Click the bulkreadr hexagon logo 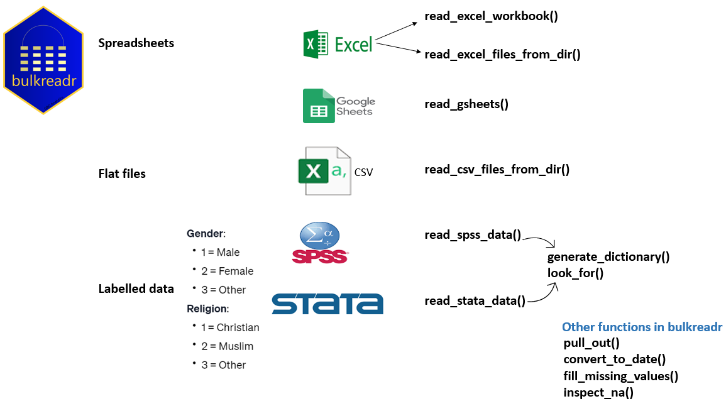pyautogui.click(x=43, y=60)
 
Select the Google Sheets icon pyautogui.click(x=339, y=106)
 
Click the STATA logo pyautogui.click(x=327, y=304)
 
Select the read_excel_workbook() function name pyautogui.click(x=491, y=16)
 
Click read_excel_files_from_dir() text pyautogui.click(x=502, y=54)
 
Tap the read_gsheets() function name pyautogui.click(x=466, y=104)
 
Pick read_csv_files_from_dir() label pyautogui.click(x=497, y=169)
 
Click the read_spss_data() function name pyautogui.click(x=473, y=235)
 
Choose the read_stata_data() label pyautogui.click(x=475, y=301)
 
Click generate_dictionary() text pyautogui.click(x=608, y=257)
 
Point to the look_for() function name pyautogui.click(x=575, y=273)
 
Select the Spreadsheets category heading pyautogui.click(x=136, y=43)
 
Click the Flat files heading pyautogui.click(x=122, y=173)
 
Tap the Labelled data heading pyautogui.click(x=136, y=289)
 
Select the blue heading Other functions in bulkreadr pyautogui.click(x=642, y=327)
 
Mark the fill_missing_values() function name pyautogui.click(x=620, y=376)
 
